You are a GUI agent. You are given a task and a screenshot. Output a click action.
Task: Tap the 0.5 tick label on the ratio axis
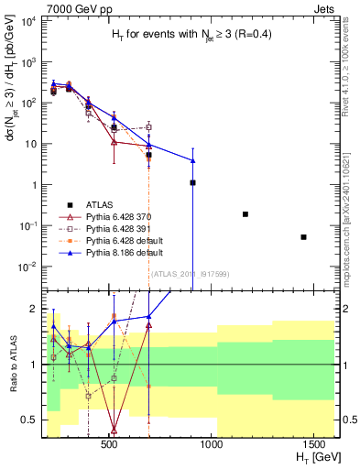coord(31,420)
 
